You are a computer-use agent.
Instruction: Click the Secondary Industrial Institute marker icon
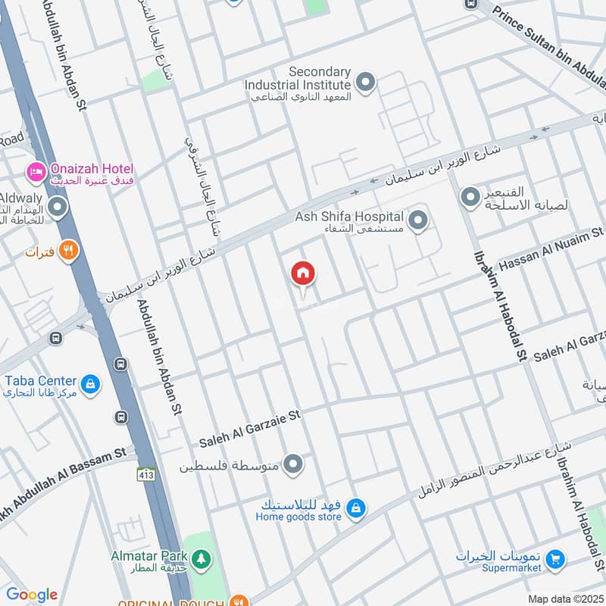[365, 83]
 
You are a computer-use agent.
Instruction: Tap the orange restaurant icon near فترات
[69, 250]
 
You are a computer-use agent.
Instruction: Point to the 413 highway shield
[147, 474]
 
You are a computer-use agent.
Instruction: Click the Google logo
[32, 595]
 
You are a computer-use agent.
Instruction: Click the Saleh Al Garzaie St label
[250, 428]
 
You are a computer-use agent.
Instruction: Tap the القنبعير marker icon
[470, 198]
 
